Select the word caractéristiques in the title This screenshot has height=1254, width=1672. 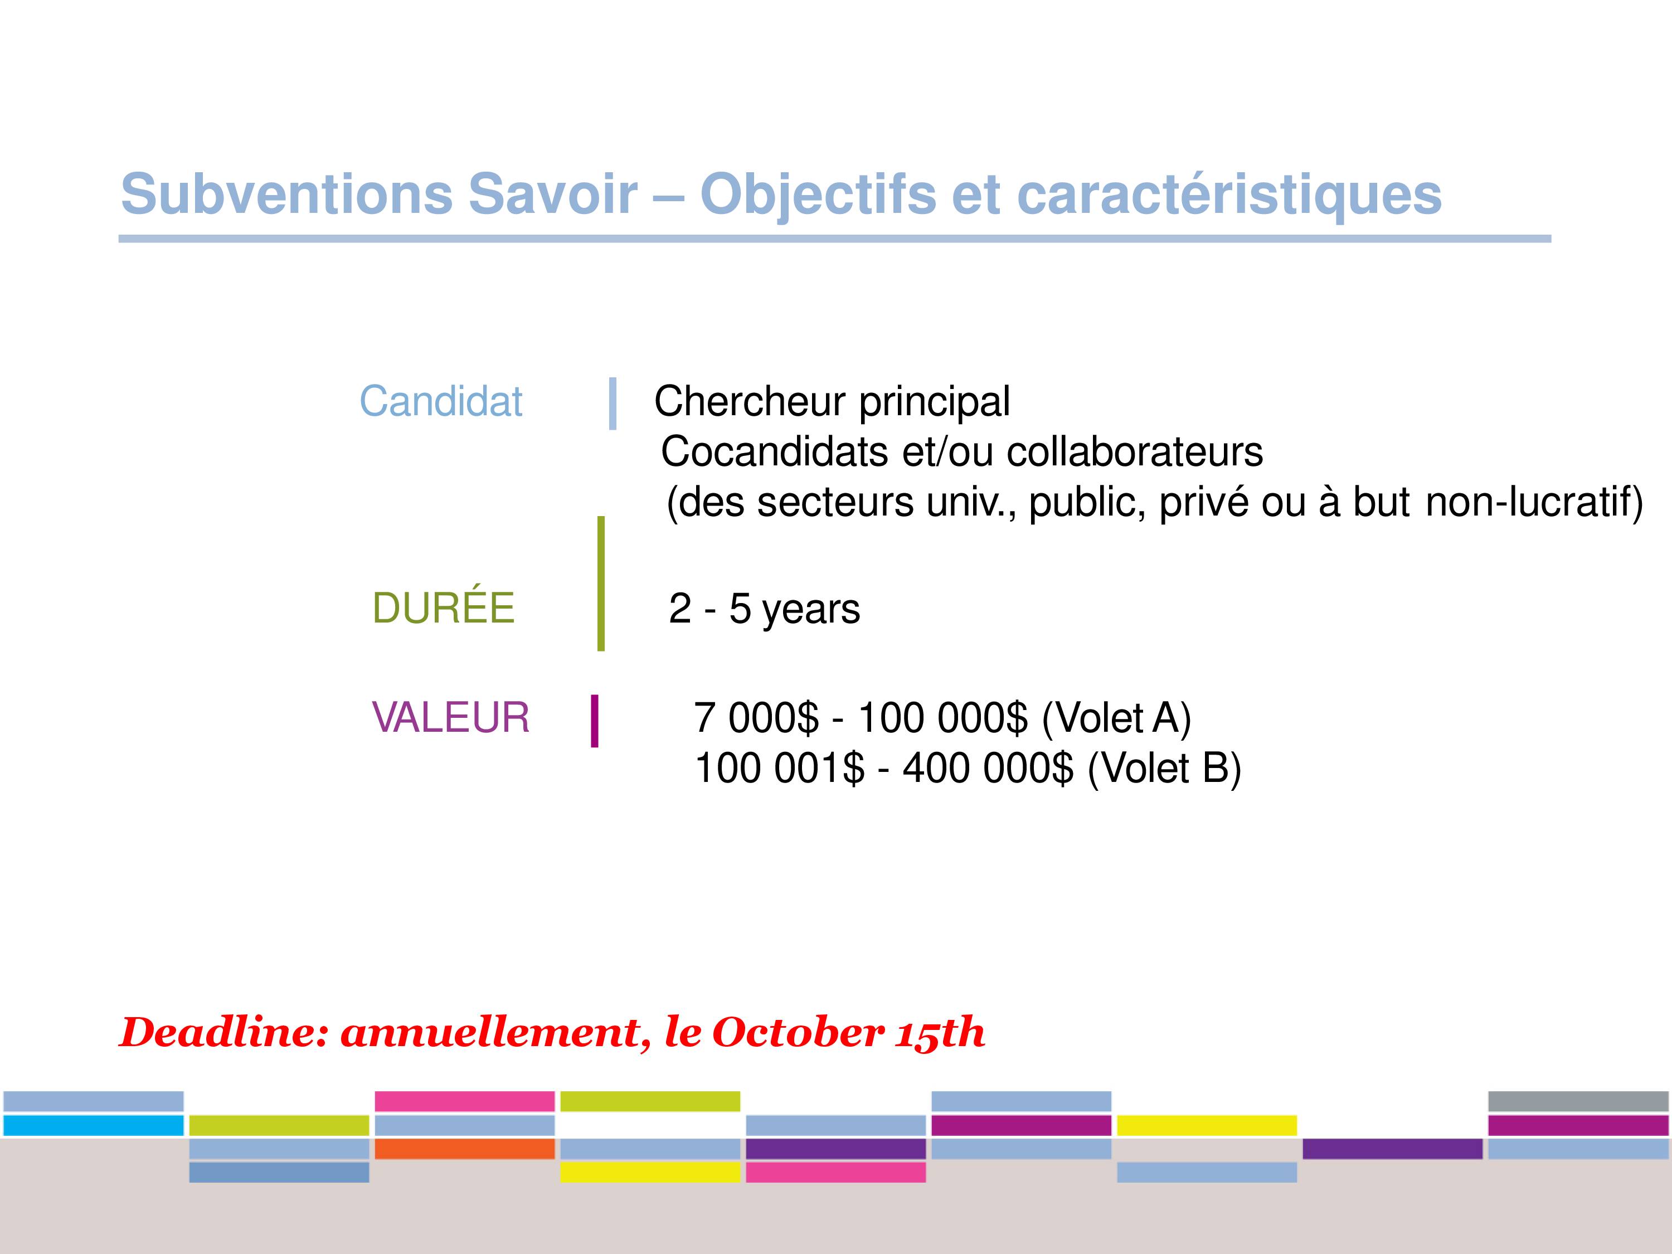(1230, 195)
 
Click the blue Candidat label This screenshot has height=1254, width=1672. (441, 401)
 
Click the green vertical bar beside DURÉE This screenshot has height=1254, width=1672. (601, 584)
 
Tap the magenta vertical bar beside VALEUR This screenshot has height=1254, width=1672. (595, 721)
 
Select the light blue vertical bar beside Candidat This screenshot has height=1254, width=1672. (613, 404)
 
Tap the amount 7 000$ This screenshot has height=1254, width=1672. (756, 717)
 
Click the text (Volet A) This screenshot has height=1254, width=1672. (1116, 718)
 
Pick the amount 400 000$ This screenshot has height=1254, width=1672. (988, 768)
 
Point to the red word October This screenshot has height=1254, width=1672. (798, 1033)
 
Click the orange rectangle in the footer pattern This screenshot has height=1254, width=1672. (465, 1149)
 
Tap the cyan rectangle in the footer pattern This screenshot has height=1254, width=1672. (94, 1125)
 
